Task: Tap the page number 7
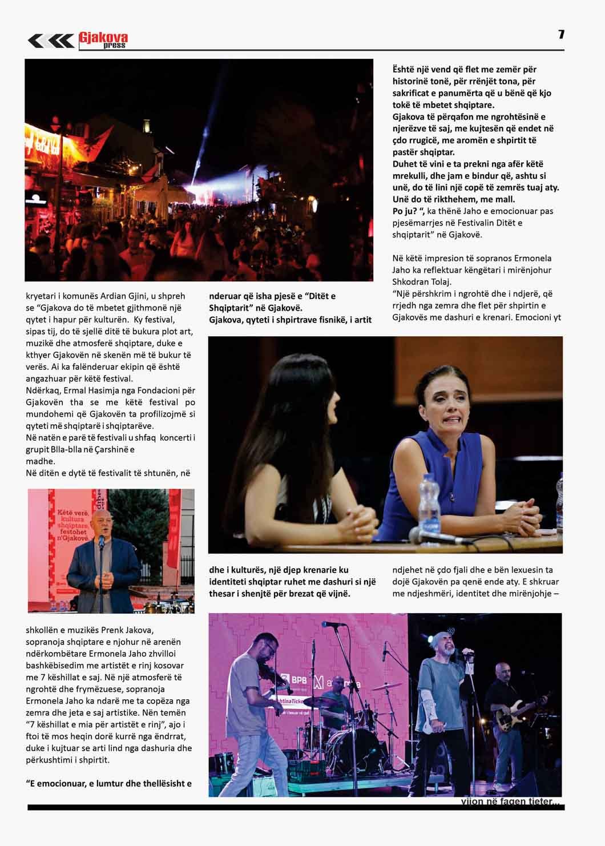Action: click(x=561, y=34)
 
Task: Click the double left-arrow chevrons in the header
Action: click(x=51, y=41)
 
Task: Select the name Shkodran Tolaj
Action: click(x=421, y=282)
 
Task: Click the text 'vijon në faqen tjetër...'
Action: click(x=510, y=801)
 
